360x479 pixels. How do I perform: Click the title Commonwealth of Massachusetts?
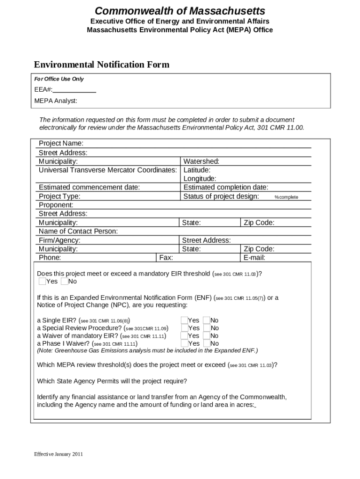(180, 11)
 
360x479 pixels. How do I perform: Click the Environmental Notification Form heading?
(101, 65)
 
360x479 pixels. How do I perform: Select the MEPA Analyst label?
(56, 101)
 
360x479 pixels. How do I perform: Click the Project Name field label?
(61, 143)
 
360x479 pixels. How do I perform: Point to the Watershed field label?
(202, 161)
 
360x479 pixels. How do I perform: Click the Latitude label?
(197, 170)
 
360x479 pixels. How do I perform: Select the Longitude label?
(200, 179)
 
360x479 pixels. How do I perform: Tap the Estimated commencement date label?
(89, 188)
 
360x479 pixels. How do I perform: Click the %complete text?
(286, 197)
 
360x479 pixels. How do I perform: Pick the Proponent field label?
(56, 205)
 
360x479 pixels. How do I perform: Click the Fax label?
(166, 258)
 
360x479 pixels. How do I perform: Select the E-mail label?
(254, 258)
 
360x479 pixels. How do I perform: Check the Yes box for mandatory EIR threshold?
(42, 281)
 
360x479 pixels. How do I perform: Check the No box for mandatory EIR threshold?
(64, 281)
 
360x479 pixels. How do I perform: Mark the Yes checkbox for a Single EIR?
(184, 320)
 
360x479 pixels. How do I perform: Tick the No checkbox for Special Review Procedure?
(206, 328)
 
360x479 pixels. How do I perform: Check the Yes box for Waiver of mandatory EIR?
(184, 336)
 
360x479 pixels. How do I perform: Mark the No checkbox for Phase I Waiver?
(206, 343)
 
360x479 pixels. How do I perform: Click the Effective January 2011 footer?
(58, 454)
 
